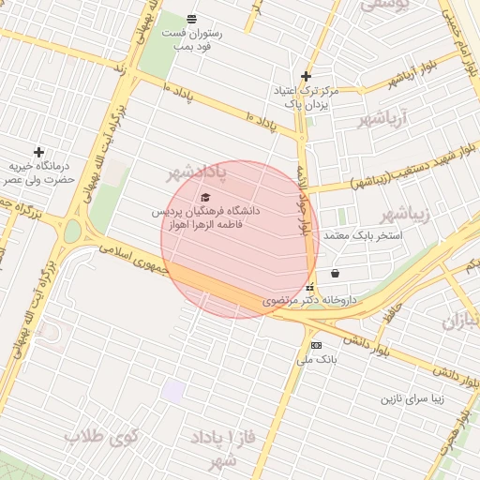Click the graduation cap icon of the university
click(205, 197)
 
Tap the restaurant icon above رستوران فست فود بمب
click(191, 19)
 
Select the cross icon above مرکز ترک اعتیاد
click(306, 76)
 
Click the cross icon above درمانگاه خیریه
click(38, 152)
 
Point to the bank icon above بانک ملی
click(315, 345)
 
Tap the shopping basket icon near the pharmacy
click(336, 273)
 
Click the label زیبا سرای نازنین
click(417, 398)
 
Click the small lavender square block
click(172, 391)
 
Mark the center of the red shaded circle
click(240, 239)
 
